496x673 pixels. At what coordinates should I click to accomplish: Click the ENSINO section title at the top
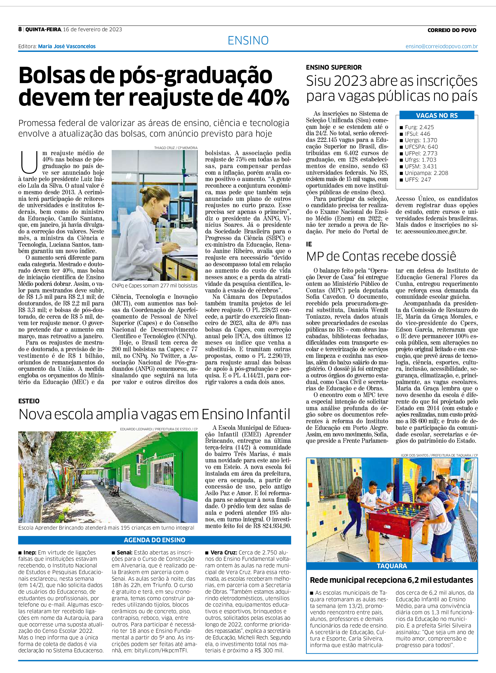point(248,40)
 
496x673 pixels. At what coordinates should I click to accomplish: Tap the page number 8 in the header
point(20,29)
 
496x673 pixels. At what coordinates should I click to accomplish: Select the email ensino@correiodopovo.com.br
point(441,47)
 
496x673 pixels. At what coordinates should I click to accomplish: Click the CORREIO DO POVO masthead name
point(452,30)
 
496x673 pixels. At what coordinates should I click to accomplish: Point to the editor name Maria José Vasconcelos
point(67,47)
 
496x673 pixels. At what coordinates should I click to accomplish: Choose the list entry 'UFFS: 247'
point(418,179)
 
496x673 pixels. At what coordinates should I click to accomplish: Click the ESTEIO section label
point(29,401)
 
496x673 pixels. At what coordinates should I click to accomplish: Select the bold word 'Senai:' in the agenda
point(124,552)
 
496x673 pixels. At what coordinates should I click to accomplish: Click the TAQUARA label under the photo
point(392,566)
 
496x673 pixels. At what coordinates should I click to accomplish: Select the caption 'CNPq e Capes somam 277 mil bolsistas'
point(154,286)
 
